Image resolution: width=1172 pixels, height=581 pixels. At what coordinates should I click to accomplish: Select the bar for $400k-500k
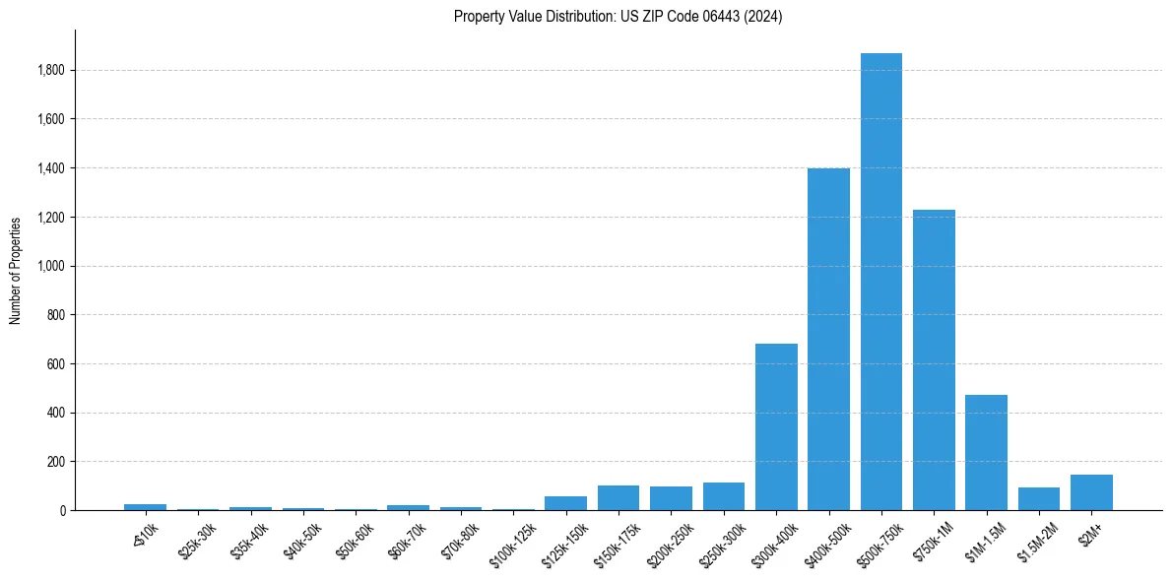click(828, 339)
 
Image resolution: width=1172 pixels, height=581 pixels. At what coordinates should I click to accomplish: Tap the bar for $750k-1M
click(934, 359)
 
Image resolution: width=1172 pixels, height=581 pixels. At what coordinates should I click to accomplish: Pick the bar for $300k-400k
click(776, 426)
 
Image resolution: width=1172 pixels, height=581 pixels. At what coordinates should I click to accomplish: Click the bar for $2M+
click(1091, 492)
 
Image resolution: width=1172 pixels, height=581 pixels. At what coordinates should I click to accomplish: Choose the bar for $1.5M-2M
click(1038, 498)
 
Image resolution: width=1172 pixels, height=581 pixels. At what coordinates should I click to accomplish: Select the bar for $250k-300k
click(723, 496)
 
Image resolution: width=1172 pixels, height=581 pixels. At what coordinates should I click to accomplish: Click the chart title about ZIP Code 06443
click(618, 17)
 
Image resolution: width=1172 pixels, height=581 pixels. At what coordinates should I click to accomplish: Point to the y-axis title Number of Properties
click(16, 270)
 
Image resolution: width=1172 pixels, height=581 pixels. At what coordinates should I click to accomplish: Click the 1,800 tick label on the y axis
click(51, 71)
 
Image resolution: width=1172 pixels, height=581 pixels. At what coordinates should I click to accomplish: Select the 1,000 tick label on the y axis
click(51, 266)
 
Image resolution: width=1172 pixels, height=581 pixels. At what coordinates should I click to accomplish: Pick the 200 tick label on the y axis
click(56, 462)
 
